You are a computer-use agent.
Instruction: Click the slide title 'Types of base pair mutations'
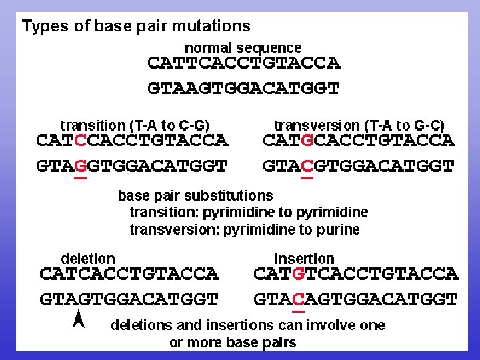[136, 27]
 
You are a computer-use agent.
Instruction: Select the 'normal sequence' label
[243, 48]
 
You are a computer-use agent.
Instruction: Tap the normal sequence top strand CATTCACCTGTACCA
[243, 64]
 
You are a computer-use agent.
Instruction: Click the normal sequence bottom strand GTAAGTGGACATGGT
[243, 88]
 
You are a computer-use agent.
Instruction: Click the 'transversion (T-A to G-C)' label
[359, 125]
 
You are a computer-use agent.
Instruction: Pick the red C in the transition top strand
[81, 141]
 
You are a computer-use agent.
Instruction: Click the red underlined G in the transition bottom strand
[81, 166]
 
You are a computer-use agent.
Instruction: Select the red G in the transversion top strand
[307, 141]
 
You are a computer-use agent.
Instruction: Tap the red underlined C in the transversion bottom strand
[307, 166]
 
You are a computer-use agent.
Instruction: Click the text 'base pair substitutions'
[195, 196]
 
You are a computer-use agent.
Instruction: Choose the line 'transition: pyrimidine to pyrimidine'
[249, 213]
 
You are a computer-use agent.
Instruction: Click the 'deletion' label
[88, 259]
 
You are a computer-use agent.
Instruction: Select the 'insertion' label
[304, 259]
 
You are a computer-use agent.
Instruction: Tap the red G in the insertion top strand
[299, 274]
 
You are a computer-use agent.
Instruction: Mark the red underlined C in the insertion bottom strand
[299, 300]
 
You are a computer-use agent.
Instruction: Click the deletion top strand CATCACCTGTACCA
[129, 274]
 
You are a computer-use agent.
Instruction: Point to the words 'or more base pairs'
[233, 343]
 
